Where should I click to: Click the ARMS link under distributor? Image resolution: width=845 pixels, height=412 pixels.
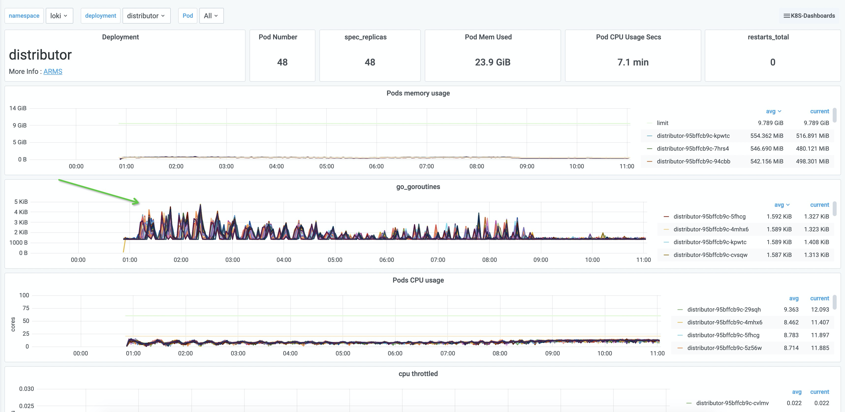click(53, 72)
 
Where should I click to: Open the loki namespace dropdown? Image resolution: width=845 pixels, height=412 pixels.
click(59, 16)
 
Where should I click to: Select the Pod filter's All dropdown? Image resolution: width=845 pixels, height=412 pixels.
click(211, 16)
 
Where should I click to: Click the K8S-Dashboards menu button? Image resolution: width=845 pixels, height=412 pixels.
click(809, 16)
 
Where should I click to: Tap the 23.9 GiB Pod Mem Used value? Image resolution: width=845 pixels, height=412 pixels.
click(492, 62)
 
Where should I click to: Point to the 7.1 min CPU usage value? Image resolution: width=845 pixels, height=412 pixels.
click(633, 62)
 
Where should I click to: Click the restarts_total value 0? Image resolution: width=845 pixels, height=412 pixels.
click(772, 62)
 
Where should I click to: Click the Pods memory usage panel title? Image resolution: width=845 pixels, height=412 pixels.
click(418, 93)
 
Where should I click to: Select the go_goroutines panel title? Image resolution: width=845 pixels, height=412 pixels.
click(418, 187)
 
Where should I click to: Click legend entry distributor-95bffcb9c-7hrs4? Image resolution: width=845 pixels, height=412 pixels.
click(692, 149)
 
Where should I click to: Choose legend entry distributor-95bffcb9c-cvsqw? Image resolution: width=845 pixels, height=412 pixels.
click(710, 255)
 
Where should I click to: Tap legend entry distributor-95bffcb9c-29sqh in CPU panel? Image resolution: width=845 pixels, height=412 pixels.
click(724, 309)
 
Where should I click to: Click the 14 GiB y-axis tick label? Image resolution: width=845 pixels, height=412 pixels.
click(18, 108)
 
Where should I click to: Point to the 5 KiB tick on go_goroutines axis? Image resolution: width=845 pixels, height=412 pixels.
click(21, 202)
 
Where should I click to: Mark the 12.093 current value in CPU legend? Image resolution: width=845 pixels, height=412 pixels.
click(819, 309)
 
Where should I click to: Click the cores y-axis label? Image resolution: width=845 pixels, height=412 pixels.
click(13, 324)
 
